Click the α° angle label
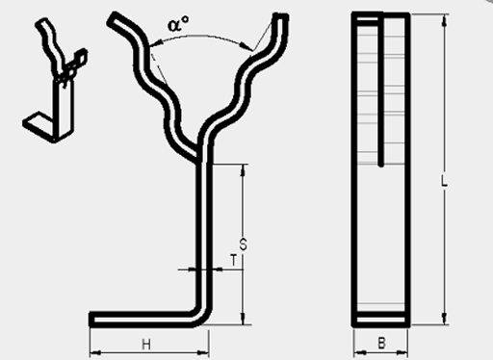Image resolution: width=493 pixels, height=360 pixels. click(178, 23)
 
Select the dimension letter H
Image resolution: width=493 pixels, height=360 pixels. click(146, 345)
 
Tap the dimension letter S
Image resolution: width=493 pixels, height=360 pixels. click(244, 244)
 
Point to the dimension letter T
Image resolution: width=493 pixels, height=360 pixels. click(234, 260)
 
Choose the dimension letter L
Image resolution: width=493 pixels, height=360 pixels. click(444, 181)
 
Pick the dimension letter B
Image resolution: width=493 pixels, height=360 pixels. click(381, 343)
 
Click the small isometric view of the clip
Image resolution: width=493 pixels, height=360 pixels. click(55, 80)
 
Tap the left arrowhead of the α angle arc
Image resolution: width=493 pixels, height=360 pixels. click(153, 44)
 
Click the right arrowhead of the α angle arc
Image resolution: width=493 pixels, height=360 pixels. click(247, 47)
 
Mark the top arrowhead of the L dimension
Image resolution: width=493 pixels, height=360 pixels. click(444, 20)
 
